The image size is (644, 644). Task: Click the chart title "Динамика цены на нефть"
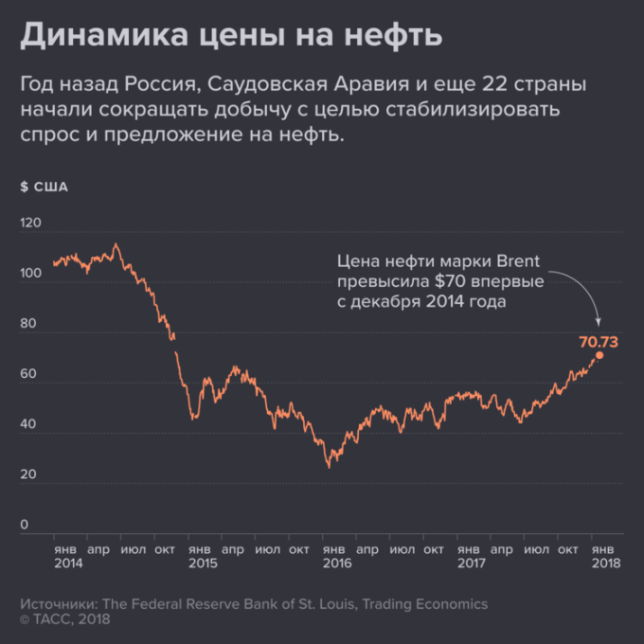coord(231,36)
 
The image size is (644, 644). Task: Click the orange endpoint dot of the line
coord(599,355)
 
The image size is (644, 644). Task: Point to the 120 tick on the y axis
coord(32,224)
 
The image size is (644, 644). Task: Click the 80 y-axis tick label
coord(28,324)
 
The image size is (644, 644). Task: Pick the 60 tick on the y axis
coord(28,374)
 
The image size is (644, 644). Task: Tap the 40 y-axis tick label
coord(28,424)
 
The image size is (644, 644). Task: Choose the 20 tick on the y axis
coord(28,474)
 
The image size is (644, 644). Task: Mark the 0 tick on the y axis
coord(25,525)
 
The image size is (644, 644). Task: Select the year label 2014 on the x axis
coord(68,563)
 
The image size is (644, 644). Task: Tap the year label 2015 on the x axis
coord(203,563)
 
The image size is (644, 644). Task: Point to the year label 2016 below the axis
coord(336,563)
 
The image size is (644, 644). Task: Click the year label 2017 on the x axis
coord(471,563)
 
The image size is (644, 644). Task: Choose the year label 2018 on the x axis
coord(604,563)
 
